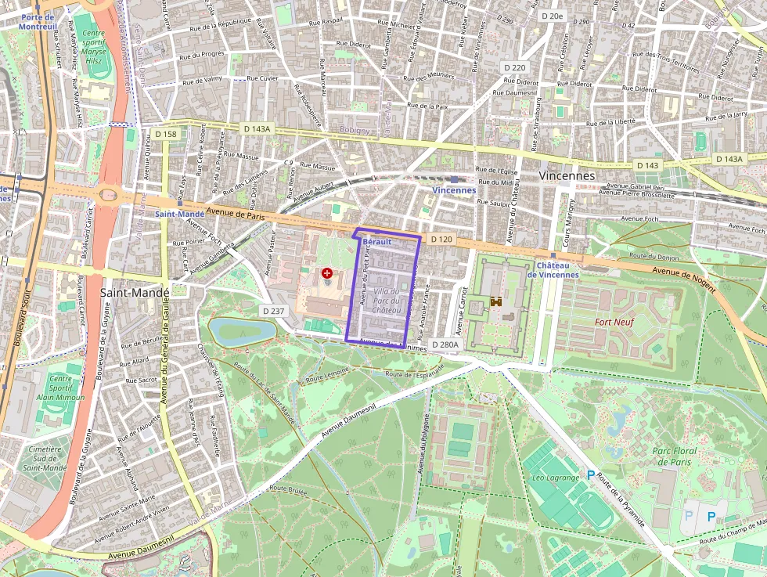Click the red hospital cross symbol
click(326, 274)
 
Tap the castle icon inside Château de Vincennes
click(496, 301)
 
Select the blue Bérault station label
click(377, 243)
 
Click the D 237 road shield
click(273, 311)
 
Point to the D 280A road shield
click(445, 344)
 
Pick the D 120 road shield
click(441, 239)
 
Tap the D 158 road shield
click(166, 134)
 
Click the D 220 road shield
click(515, 67)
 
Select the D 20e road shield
click(553, 16)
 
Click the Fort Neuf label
click(614, 322)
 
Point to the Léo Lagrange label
click(555, 477)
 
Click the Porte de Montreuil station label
click(37, 21)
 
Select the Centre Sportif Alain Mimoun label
click(60, 388)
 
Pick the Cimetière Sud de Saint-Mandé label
click(45, 458)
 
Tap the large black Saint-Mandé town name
click(135, 292)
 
